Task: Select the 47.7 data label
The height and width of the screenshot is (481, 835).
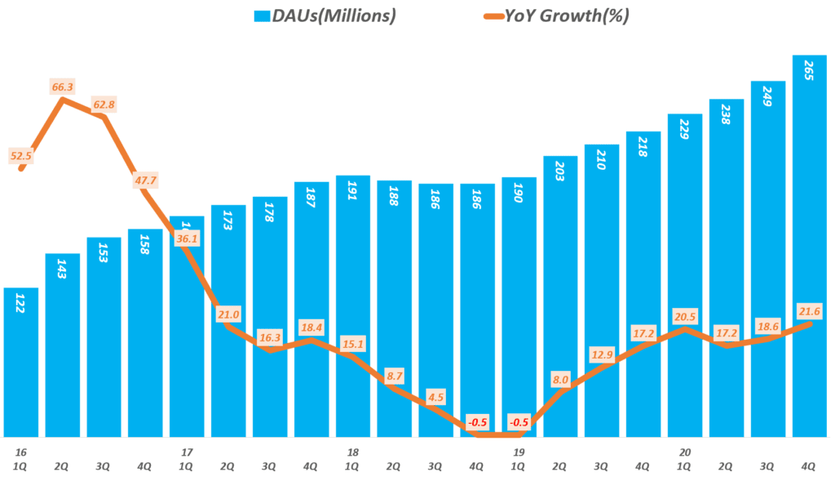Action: (148, 180)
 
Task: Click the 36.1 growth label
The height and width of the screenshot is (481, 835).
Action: (187, 239)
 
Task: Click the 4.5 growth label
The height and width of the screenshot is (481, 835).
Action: (436, 398)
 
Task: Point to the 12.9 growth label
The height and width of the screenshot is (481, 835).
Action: (602, 355)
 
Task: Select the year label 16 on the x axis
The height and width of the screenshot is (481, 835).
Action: (20, 452)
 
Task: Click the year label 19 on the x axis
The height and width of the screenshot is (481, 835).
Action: (519, 452)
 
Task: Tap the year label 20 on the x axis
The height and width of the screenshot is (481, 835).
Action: (684, 452)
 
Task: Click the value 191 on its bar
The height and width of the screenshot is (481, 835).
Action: (353, 200)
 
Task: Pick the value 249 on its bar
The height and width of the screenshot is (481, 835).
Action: (767, 105)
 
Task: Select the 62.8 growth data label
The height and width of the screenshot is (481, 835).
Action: (104, 105)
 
